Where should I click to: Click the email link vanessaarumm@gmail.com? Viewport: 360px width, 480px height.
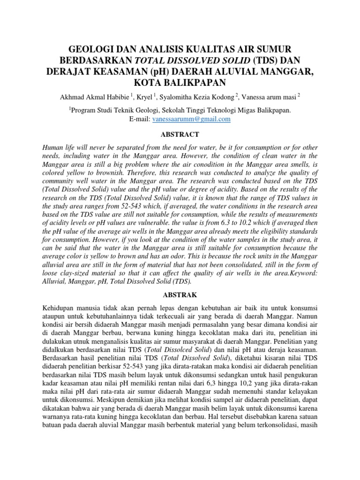[191, 119]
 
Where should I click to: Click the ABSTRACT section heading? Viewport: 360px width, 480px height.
[180, 134]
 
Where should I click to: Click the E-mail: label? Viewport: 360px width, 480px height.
[140, 119]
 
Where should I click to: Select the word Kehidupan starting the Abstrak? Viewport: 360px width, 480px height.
[60, 308]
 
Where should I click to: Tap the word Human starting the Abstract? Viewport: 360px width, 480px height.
[53, 147]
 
